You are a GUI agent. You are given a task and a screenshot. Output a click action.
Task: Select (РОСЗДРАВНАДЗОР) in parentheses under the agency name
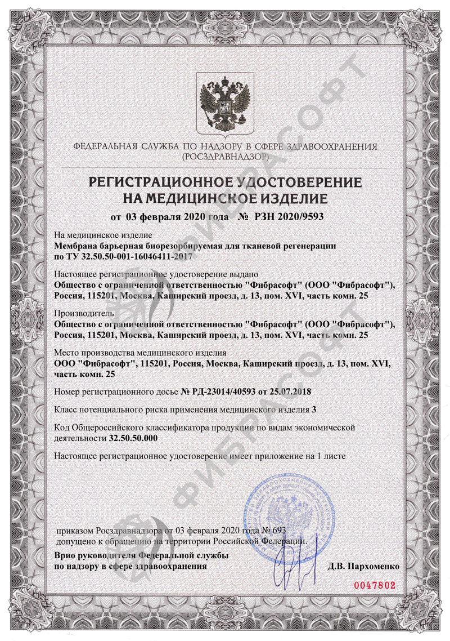(225, 155)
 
